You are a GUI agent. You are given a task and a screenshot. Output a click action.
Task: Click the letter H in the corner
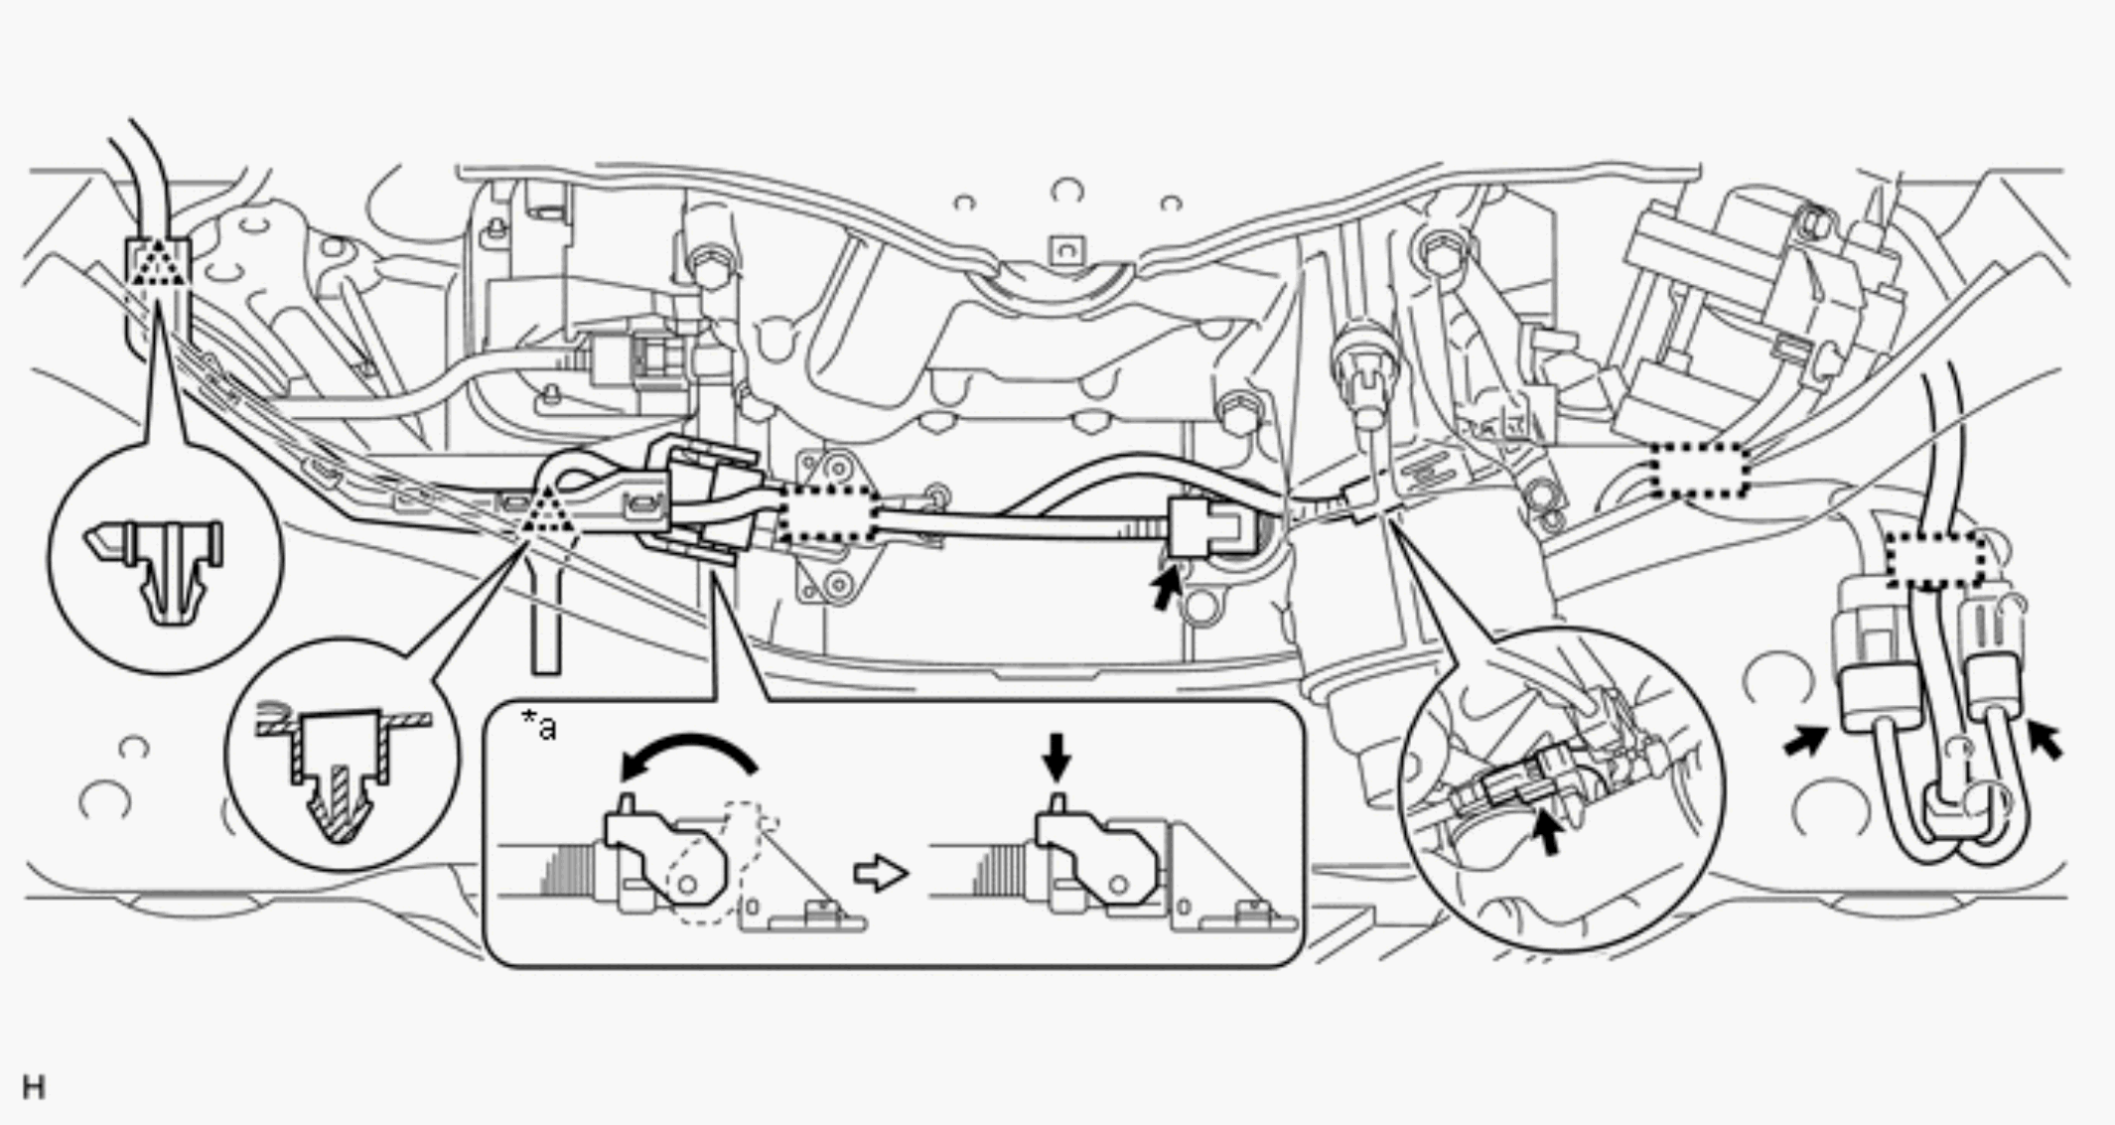tap(34, 1087)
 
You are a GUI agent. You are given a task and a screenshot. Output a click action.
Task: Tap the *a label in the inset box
tap(539, 726)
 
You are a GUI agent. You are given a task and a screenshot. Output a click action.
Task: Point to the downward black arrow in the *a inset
tap(1057, 757)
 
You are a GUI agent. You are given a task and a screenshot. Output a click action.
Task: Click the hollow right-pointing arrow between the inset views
tap(881, 874)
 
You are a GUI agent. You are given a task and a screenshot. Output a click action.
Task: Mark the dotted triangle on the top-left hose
tap(159, 262)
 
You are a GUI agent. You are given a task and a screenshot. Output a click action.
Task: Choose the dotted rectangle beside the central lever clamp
tap(827, 520)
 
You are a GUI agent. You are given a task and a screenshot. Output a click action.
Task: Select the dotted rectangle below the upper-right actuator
tap(1701, 470)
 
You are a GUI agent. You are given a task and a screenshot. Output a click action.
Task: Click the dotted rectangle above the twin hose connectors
tap(1935, 559)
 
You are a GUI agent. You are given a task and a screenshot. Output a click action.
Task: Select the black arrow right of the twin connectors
tap(2045, 740)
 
